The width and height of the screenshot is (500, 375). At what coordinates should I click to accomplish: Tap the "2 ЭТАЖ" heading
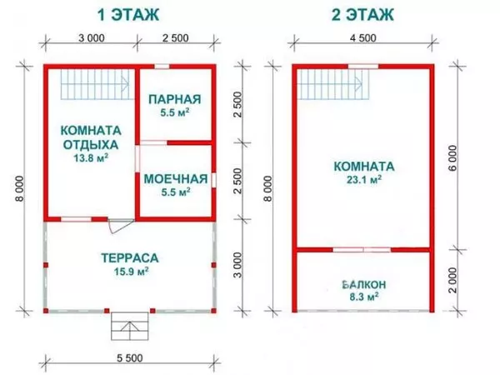(364, 15)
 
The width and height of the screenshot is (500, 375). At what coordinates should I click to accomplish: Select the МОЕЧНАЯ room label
(174, 178)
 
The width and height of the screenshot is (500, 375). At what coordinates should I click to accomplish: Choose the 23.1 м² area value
(364, 178)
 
